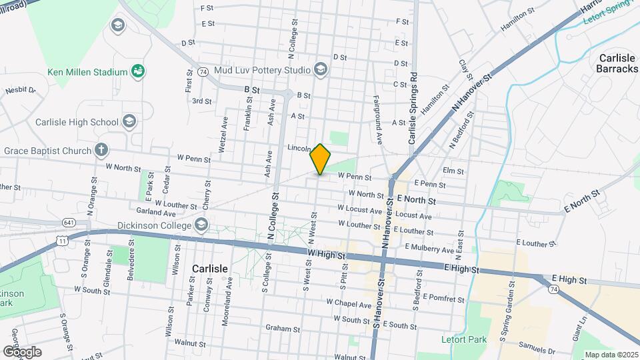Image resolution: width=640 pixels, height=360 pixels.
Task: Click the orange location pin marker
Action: [x=320, y=159]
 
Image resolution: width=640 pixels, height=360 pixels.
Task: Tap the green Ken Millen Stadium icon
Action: [x=139, y=71]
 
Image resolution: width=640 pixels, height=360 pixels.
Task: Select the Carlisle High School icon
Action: [x=129, y=121]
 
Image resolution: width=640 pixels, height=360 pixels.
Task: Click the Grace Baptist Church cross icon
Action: [x=101, y=150]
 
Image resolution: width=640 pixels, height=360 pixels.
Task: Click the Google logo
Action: [x=22, y=351]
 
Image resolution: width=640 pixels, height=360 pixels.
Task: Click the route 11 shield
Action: [x=62, y=239]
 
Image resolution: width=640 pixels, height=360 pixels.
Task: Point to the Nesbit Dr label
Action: [x=19, y=90]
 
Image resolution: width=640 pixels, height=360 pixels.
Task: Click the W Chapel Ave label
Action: [x=349, y=303]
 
